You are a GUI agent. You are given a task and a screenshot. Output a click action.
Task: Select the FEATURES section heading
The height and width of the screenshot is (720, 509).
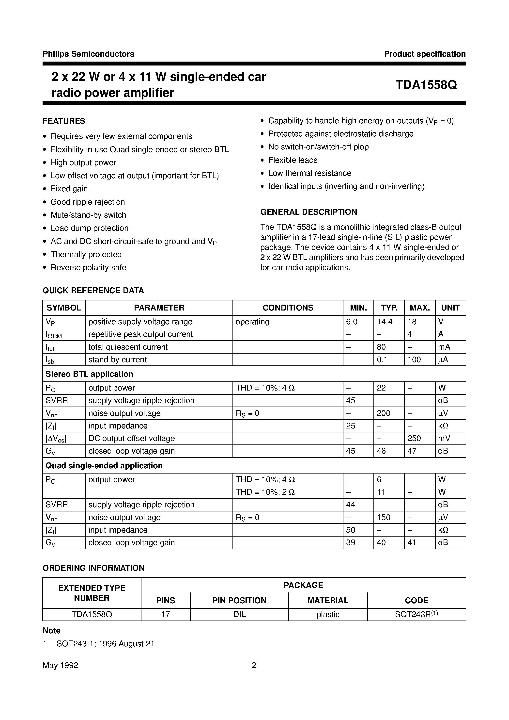click(64, 121)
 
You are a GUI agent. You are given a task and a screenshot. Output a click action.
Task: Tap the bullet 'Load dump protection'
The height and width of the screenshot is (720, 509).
click(89, 228)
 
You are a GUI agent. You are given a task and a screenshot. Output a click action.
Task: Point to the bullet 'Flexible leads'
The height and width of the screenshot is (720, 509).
click(293, 160)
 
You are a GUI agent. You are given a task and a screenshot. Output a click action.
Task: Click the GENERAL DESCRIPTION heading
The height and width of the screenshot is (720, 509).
click(308, 212)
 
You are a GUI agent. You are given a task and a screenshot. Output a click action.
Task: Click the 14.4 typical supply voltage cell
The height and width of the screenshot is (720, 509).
click(385, 322)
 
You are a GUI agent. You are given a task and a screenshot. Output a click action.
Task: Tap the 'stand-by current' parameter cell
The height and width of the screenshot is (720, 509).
click(118, 360)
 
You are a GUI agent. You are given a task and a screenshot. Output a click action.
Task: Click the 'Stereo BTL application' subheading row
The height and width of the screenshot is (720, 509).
click(89, 374)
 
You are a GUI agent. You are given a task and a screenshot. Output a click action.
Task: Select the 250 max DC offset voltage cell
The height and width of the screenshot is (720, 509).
click(414, 438)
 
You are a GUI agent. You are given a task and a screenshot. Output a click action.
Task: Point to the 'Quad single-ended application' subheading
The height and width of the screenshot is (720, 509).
click(104, 466)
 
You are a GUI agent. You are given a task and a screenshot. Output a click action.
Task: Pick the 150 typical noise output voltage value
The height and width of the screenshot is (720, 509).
click(383, 517)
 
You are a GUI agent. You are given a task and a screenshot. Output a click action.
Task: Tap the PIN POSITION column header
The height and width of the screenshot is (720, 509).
click(239, 601)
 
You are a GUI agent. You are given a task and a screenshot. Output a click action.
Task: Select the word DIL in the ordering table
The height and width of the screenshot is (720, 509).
click(239, 614)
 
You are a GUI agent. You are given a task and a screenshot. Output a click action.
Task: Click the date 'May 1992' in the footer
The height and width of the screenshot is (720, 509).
click(60, 665)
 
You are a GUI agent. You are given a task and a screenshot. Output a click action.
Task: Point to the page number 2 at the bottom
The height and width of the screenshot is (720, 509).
click(254, 665)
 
